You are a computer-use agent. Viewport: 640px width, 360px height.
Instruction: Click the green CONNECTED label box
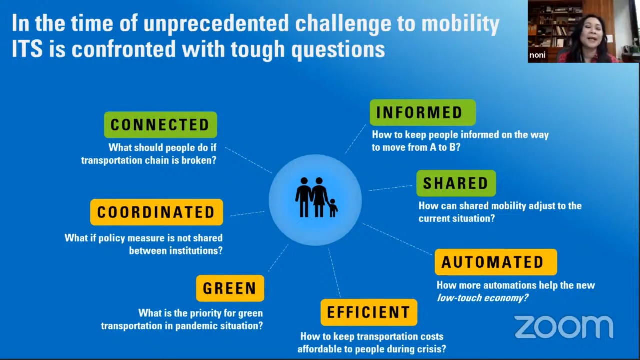pyautogui.click(x=160, y=125)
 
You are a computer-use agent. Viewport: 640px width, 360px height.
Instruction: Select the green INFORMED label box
pyautogui.click(x=423, y=112)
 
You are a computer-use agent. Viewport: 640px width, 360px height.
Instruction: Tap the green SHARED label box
pyautogui.click(x=456, y=183)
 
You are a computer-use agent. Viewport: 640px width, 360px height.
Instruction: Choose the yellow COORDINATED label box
pyautogui.click(x=157, y=212)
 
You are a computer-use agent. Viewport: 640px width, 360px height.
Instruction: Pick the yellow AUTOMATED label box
pyautogui.click(x=496, y=262)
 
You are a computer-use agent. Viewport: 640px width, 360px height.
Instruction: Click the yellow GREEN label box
pyautogui.click(x=230, y=288)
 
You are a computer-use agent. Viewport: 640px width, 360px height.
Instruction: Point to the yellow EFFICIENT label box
pyautogui.click(x=369, y=312)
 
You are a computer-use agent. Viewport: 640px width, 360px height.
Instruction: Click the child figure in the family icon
pyautogui.click(x=333, y=208)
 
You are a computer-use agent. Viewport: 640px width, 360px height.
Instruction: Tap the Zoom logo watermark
pyautogui.click(x=564, y=327)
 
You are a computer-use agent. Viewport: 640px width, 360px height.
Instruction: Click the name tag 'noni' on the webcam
pyautogui.click(x=537, y=55)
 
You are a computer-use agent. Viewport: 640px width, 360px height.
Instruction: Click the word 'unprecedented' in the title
pyautogui.click(x=216, y=24)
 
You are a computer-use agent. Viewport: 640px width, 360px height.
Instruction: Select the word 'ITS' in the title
pyautogui.click(x=27, y=49)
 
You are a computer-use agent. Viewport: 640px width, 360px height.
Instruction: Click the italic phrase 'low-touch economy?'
pyautogui.click(x=483, y=298)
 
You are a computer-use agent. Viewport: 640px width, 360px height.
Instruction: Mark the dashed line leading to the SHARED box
pyautogui.click(x=391, y=188)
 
